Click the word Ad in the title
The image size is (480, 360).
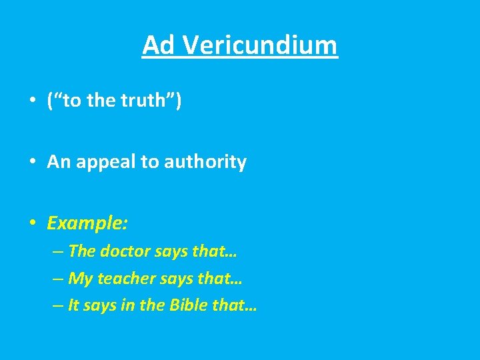pos(158,45)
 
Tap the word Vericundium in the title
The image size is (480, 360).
pos(259,45)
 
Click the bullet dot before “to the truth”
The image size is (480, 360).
pos(32,101)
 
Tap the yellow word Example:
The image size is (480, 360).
pos(87,223)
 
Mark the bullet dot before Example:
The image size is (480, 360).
pos(32,224)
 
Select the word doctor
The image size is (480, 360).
pos(125,251)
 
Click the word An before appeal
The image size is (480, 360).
pos(57,162)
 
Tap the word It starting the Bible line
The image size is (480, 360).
pos(73,306)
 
